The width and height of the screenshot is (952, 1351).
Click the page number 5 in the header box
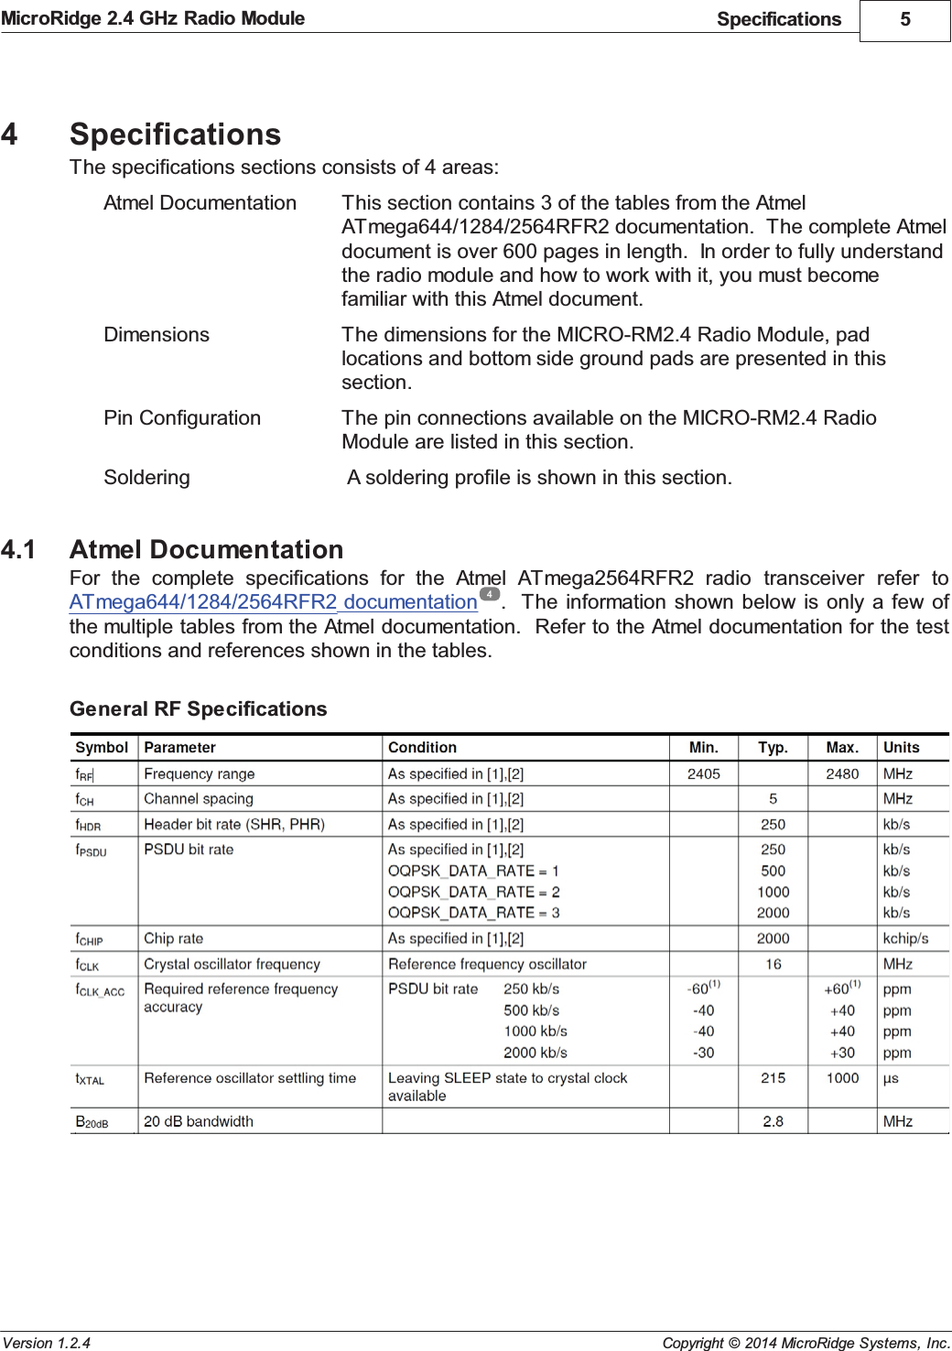tap(904, 19)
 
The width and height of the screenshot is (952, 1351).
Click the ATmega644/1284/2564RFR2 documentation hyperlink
tap(273, 602)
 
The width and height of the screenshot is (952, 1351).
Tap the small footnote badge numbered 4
tap(490, 594)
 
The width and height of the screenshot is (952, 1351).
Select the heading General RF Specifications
tap(198, 708)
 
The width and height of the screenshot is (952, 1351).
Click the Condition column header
tap(422, 748)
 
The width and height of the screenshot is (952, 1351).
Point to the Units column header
tap(901, 748)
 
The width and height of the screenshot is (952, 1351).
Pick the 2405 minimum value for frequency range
tap(703, 773)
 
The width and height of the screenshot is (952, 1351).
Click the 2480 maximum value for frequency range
tap(842, 773)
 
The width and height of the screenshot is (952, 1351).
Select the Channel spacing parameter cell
tap(199, 799)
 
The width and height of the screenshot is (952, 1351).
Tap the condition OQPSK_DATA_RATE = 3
tap(473, 913)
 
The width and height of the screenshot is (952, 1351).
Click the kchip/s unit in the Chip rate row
tap(905, 938)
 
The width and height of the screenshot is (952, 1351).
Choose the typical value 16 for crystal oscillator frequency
tap(773, 964)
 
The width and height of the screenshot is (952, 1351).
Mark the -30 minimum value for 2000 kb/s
tap(703, 1053)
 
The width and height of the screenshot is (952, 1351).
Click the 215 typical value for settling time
tap(773, 1078)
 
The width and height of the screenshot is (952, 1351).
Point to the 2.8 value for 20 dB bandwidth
tap(773, 1121)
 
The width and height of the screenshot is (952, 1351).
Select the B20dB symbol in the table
tap(92, 1122)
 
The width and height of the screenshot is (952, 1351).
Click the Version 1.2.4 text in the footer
tap(47, 1343)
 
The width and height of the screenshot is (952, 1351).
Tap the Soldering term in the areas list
tap(146, 478)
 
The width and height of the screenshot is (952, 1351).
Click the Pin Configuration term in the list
tap(182, 418)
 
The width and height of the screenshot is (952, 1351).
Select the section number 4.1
tap(18, 549)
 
